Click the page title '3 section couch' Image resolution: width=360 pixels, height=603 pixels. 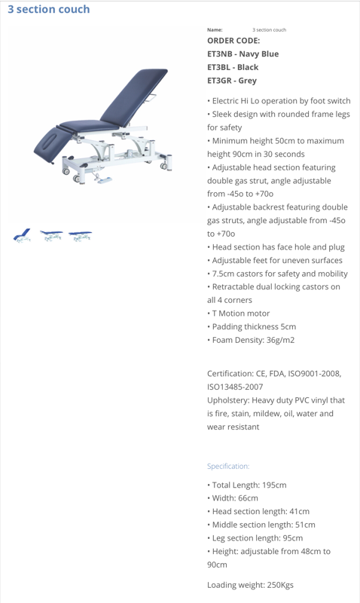tap(49, 9)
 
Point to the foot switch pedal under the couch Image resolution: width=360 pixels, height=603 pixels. tap(105, 180)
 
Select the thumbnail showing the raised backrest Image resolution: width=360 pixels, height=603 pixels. tap(22, 235)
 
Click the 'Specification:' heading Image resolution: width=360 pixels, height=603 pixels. tap(228, 466)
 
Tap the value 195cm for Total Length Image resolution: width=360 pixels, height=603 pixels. tap(274, 485)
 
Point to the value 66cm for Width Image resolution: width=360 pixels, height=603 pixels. tap(248, 498)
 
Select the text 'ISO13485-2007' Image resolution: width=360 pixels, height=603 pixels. tap(235, 387)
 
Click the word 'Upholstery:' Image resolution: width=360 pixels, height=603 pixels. tap(228, 400)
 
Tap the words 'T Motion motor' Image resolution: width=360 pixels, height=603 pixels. tap(241, 314)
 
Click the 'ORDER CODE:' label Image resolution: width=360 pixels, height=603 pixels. tap(233, 41)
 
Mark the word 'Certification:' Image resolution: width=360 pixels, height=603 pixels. tap(230, 374)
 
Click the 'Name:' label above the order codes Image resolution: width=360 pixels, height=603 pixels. tap(215, 30)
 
